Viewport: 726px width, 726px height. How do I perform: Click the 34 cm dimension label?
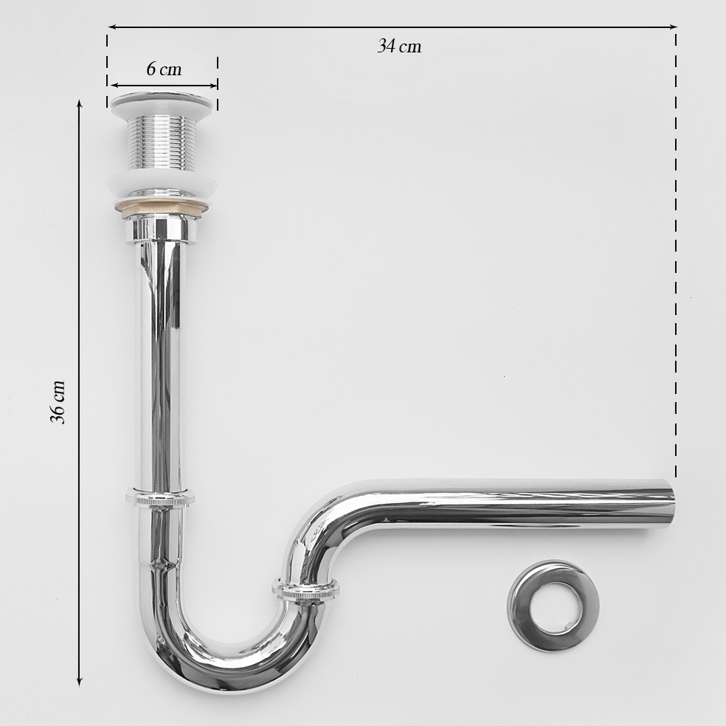tap(399, 46)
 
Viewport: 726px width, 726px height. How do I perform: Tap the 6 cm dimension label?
tap(164, 69)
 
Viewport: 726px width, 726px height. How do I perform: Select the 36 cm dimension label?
tap(58, 402)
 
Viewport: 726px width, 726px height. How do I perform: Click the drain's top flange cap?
tap(162, 103)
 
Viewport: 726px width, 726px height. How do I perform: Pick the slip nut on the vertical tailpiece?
tap(160, 499)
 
